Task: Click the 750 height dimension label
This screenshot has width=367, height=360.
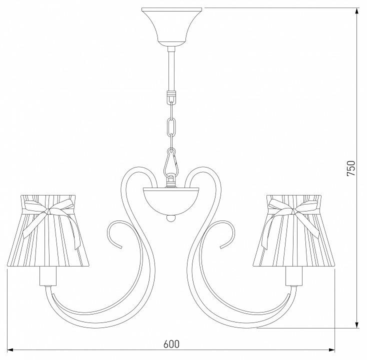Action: [351, 168]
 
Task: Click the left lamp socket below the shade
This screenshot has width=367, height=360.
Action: [48, 277]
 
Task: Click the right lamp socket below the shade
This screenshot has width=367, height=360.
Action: [294, 277]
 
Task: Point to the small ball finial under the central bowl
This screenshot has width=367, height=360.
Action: [171, 218]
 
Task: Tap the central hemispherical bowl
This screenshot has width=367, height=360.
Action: [171, 201]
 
